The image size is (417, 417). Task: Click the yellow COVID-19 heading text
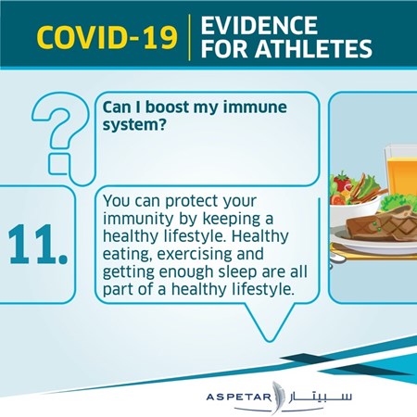pos(107,37)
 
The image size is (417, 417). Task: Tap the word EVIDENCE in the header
pos(259,25)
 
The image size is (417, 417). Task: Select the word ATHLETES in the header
pos(313,48)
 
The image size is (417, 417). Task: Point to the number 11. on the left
pos(38,245)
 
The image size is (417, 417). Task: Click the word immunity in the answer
pos(138,220)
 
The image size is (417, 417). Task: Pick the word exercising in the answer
pos(195,254)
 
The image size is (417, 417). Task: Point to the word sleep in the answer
pos(237,272)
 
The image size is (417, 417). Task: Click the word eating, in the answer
pos(128,255)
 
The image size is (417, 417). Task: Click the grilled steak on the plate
pos(382,223)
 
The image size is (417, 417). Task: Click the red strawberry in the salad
pos(342,182)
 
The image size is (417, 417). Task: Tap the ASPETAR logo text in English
pos(238,397)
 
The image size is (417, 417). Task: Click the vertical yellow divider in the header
pos(189,37)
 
